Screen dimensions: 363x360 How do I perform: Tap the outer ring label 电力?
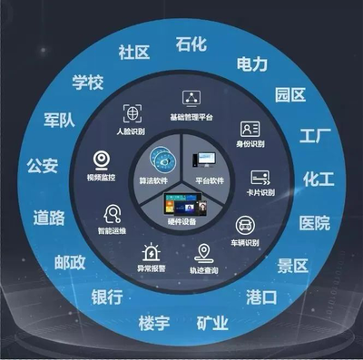click(x=251, y=63)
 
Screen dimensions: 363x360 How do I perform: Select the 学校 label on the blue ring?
click(x=88, y=83)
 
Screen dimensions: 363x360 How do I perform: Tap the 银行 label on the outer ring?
click(x=107, y=297)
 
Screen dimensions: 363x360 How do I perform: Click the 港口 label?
click(x=261, y=297)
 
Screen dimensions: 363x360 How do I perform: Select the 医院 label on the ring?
click(x=315, y=222)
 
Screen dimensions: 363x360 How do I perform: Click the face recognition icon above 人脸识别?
click(x=132, y=114)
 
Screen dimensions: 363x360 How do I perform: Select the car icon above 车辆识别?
click(x=245, y=224)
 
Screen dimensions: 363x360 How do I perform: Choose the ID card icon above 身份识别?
click(x=250, y=129)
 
